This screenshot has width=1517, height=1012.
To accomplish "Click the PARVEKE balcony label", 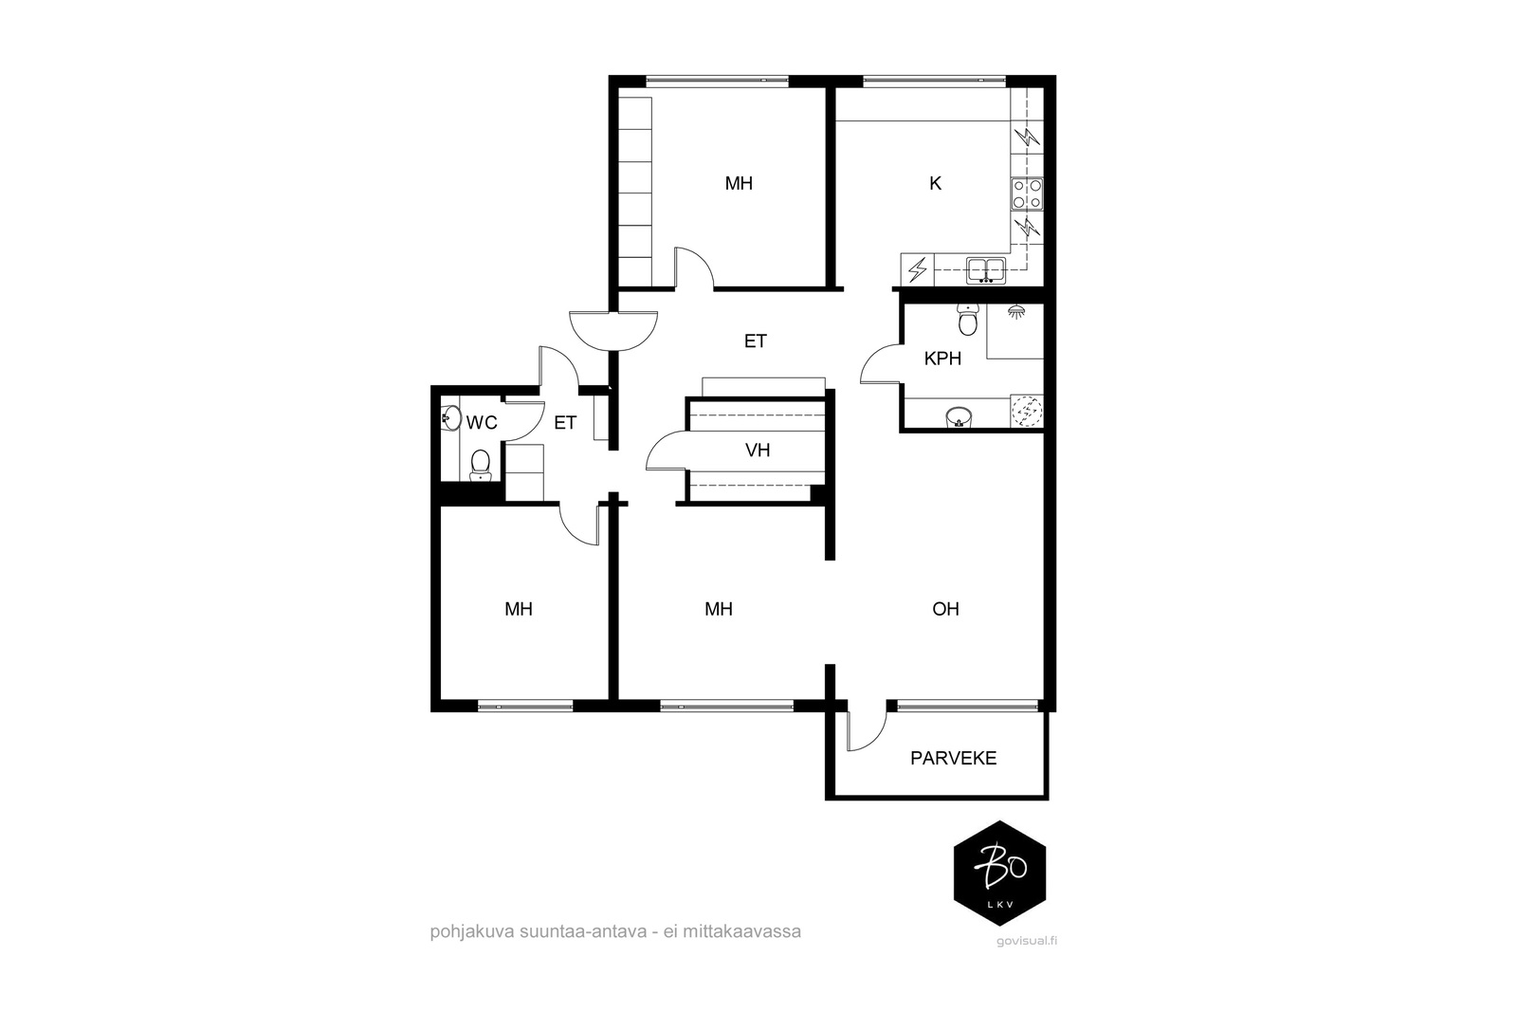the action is click(953, 758).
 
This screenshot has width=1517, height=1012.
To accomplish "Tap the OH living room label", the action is click(945, 609).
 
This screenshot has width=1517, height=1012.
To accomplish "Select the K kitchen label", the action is click(935, 183).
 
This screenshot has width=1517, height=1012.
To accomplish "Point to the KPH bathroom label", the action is click(942, 359).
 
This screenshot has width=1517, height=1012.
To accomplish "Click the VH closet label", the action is click(758, 450).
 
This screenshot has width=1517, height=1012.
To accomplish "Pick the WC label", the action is click(482, 423).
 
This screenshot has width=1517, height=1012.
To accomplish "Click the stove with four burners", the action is click(1027, 193).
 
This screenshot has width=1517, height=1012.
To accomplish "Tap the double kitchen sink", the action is click(986, 269).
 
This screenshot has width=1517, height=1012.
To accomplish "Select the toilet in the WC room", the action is click(480, 465).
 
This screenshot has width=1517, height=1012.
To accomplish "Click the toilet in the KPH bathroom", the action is click(968, 320).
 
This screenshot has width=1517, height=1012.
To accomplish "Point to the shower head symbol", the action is click(1015, 312).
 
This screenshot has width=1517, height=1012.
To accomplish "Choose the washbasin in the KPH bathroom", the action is click(959, 416).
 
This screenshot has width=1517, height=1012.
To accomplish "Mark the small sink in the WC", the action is click(450, 418).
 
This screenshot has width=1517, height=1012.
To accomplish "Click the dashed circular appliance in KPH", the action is click(1027, 411).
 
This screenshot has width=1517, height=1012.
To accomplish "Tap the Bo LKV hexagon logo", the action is click(999, 874).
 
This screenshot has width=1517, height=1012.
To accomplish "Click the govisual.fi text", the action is click(1027, 941).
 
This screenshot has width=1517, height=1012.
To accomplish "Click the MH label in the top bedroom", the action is click(739, 183).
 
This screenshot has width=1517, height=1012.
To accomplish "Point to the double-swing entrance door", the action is click(613, 331).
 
